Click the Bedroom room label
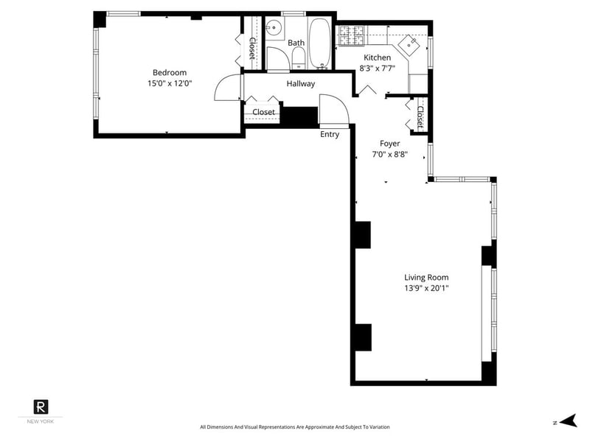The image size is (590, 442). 170,72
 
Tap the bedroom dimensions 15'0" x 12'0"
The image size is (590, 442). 170,83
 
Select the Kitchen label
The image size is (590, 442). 377,57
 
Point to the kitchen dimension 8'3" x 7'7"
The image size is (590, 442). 377,69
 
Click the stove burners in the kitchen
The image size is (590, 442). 353,35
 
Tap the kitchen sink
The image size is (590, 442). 409,44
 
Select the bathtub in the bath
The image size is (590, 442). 320,43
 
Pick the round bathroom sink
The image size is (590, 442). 274,27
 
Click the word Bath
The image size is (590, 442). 296,43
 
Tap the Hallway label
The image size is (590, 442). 301,84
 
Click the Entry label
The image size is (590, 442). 330,134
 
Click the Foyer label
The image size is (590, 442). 390,144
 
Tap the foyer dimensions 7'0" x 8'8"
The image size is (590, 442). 390,154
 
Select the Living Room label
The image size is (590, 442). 426,278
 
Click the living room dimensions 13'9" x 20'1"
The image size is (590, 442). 426,288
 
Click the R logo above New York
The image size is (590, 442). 41,407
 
